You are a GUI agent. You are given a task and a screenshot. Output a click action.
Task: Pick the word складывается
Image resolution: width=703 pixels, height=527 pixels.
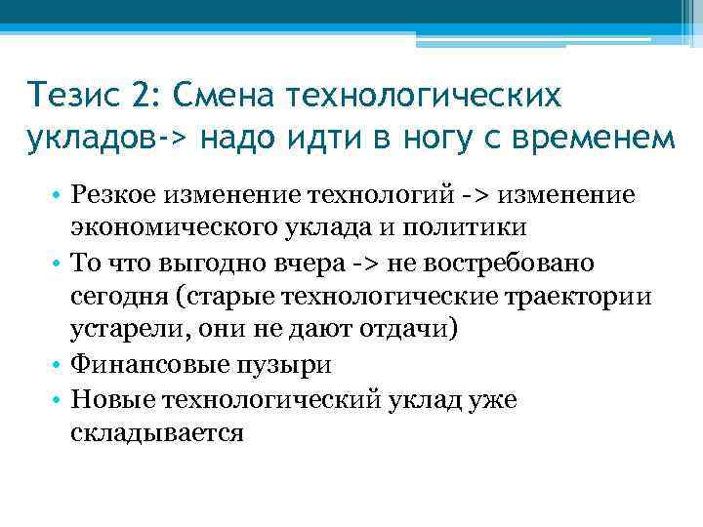click(156, 430)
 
